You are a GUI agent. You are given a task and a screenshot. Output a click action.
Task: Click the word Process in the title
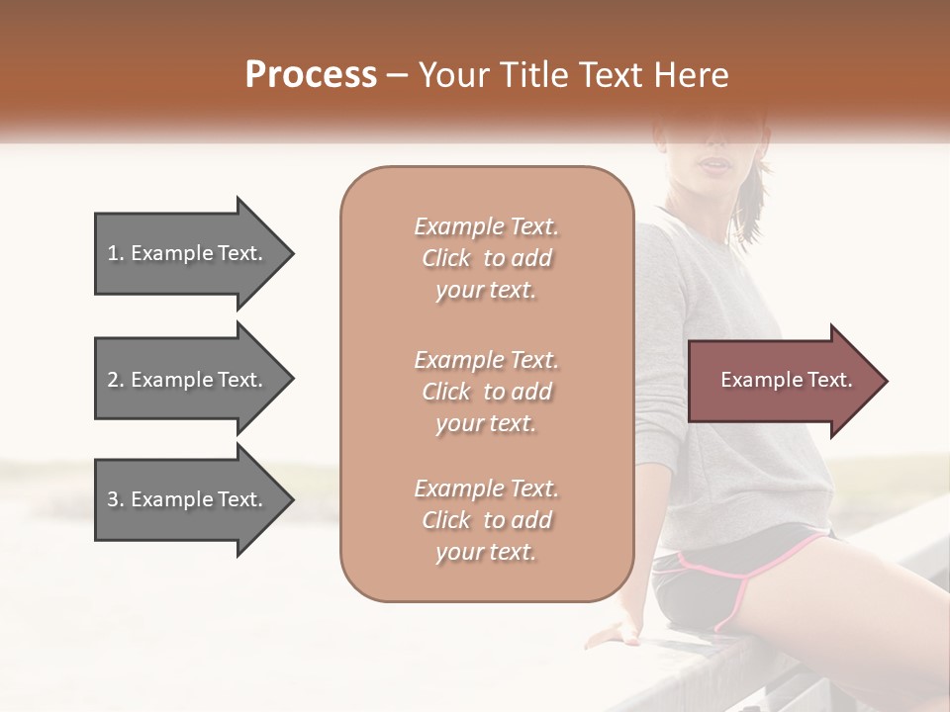(x=311, y=75)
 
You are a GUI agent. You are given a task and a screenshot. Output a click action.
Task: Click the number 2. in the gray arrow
(x=116, y=380)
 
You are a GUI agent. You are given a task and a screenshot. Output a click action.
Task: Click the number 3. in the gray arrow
(x=116, y=500)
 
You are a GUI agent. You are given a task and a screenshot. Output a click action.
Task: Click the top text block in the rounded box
(x=486, y=258)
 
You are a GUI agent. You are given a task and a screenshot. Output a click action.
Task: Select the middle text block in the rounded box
(x=486, y=392)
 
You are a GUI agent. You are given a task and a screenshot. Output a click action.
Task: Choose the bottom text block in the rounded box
(x=486, y=520)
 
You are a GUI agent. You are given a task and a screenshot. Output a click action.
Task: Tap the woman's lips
(x=712, y=163)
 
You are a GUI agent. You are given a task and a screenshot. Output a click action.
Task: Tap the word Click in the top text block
(x=446, y=259)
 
